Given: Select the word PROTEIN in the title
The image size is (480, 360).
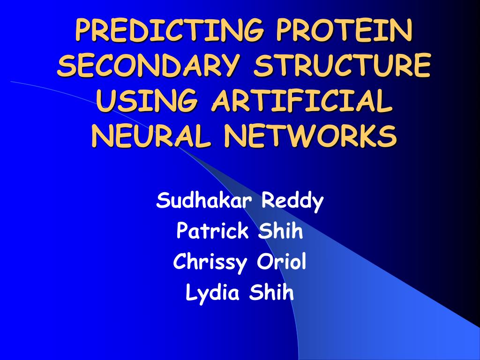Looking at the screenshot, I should click(x=345, y=31).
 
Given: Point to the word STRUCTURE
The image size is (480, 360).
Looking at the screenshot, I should click(x=342, y=66).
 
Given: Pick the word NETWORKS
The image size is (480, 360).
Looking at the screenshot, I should click(x=309, y=136).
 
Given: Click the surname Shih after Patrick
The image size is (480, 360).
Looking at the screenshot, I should click(x=280, y=231).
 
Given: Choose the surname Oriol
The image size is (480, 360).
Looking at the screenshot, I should click(x=281, y=262).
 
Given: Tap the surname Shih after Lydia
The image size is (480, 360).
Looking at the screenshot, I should click(x=271, y=293).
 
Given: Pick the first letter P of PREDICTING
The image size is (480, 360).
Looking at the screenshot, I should click(x=83, y=31).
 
